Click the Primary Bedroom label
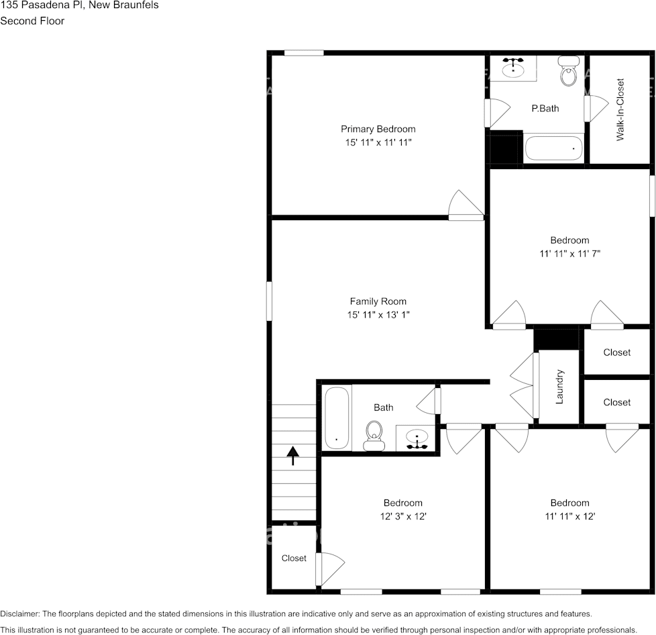pyautogui.click(x=378, y=129)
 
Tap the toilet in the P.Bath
pyautogui.click(x=569, y=74)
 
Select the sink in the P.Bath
pyautogui.click(x=514, y=68)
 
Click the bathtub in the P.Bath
pyautogui.click(x=553, y=148)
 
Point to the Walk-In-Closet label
pyautogui.click(x=620, y=110)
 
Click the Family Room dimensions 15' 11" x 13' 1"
pyautogui.click(x=378, y=315)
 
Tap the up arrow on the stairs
pyautogui.click(x=293, y=456)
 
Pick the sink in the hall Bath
pyautogui.click(x=417, y=438)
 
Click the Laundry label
pyautogui.click(x=559, y=387)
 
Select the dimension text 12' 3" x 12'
pyautogui.click(x=402, y=516)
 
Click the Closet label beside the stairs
pyautogui.click(x=294, y=558)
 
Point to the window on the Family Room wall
pyautogui.click(x=270, y=301)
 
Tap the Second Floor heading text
pyautogui.click(x=32, y=21)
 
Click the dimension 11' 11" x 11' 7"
pyautogui.click(x=569, y=254)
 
